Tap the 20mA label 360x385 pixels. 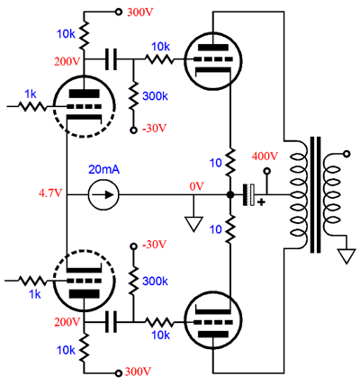103,170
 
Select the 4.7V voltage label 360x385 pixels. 50,193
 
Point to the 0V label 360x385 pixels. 196,186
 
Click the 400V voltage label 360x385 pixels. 265,157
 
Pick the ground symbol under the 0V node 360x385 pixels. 193,224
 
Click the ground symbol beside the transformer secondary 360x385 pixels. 347,256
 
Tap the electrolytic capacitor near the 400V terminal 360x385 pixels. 248,195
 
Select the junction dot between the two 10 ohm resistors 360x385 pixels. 230,195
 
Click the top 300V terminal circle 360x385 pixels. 119,12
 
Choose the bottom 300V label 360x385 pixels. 137,372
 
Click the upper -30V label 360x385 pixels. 154,129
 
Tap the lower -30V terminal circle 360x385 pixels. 133,246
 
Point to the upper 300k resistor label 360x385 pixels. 155,96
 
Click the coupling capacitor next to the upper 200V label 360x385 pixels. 111,59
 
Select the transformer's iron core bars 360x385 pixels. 315,195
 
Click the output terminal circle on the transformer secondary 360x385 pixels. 347,154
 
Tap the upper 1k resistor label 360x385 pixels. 31,94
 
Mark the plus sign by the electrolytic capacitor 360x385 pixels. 262,202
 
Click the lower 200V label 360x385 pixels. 67,322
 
